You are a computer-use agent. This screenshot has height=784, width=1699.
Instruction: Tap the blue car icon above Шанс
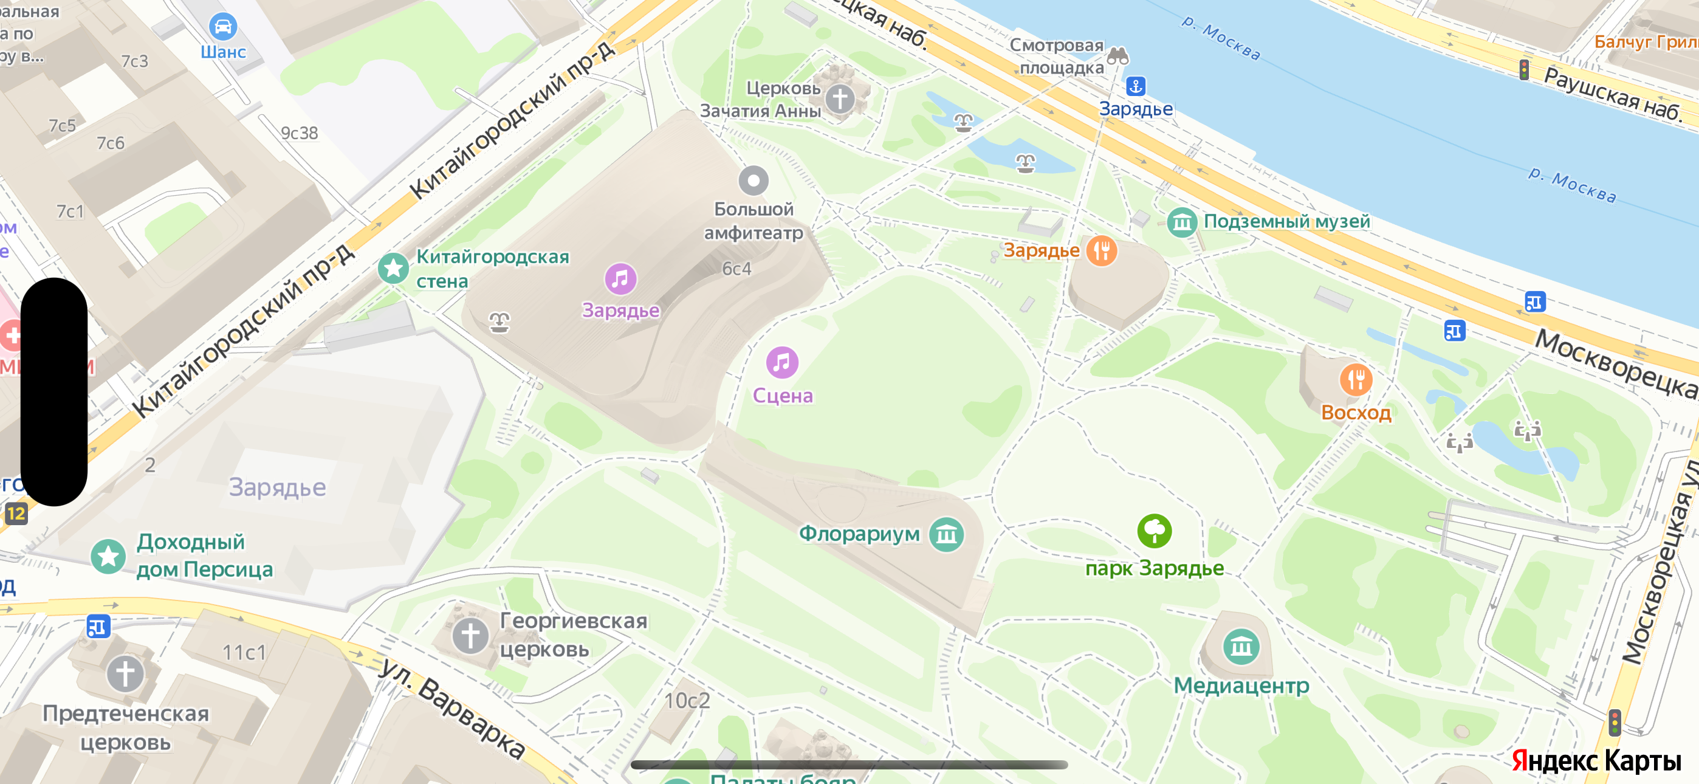pyautogui.click(x=223, y=26)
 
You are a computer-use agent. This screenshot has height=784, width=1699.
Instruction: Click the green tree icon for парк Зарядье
pyautogui.click(x=1154, y=531)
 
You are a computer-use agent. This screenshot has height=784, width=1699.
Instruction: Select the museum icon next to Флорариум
pyautogui.click(x=947, y=534)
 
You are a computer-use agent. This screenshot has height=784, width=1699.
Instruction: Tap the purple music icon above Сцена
pyautogui.click(x=782, y=362)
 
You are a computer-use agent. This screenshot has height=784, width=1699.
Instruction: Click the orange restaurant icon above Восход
pyautogui.click(x=1356, y=379)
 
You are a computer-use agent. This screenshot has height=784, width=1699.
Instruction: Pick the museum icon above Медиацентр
pyautogui.click(x=1241, y=646)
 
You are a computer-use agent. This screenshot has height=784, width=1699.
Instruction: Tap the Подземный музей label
pyautogui.click(x=1286, y=222)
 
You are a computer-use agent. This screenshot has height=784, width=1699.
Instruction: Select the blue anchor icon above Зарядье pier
pyautogui.click(x=1135, y=86)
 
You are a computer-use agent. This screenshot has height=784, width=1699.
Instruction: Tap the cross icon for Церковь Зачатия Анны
pyautogui.click(x=840, y=99)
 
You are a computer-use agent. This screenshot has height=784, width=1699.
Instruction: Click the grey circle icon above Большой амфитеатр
pyautogui.click(x=753, y=179)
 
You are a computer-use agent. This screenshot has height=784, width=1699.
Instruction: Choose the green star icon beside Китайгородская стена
pyautogui.click(x=394, y=268)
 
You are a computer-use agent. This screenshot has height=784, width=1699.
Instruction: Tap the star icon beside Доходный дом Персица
pyautogui.click(x=108, y=555)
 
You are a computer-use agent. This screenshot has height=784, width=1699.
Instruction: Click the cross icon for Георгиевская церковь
pyautogui.click(x=470, y=636)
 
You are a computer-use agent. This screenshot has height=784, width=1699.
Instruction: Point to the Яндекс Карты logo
pyautogui.click(x=1596, y=760)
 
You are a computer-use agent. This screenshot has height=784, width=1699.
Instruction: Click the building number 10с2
pyautogui.click(x=687, y=700)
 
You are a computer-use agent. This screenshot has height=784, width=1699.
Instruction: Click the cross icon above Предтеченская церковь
pyautogui.click(x=125, y=674)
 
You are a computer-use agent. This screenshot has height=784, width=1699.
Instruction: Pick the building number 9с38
pyautogui.click(x=300, y=133)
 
